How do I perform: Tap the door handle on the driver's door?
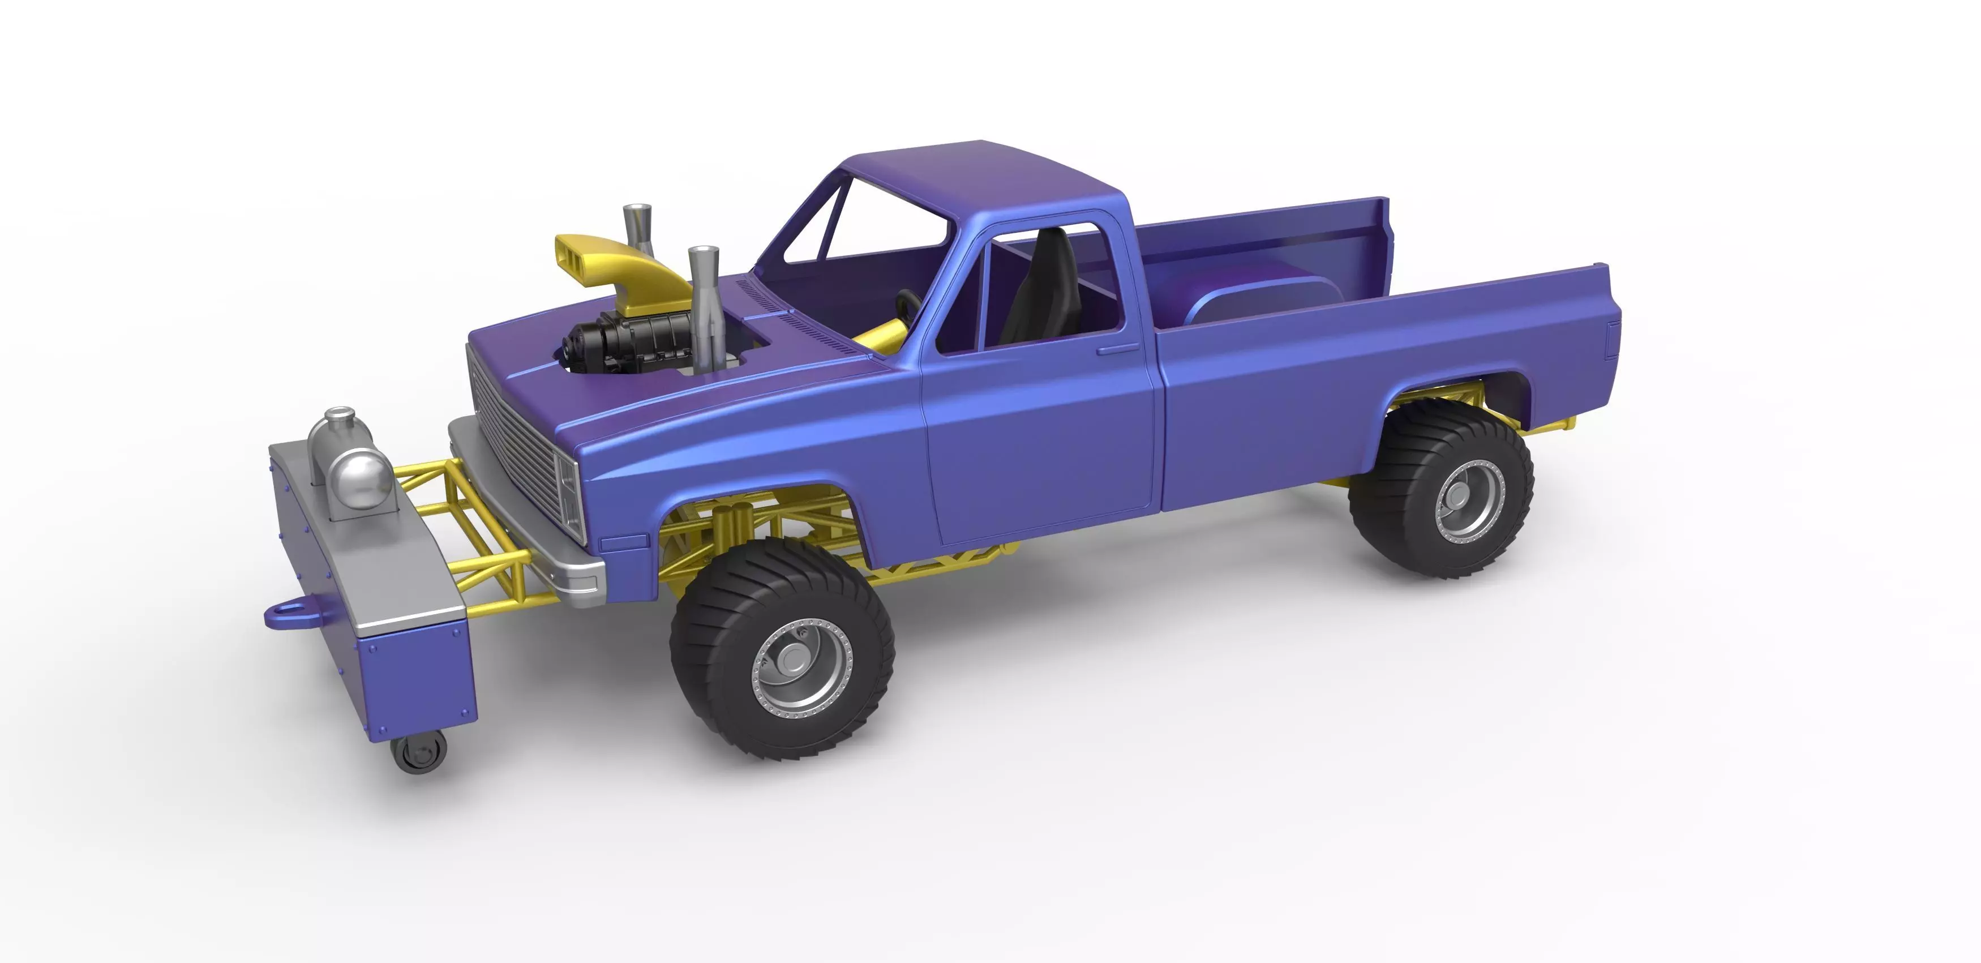click(1117, 350)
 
